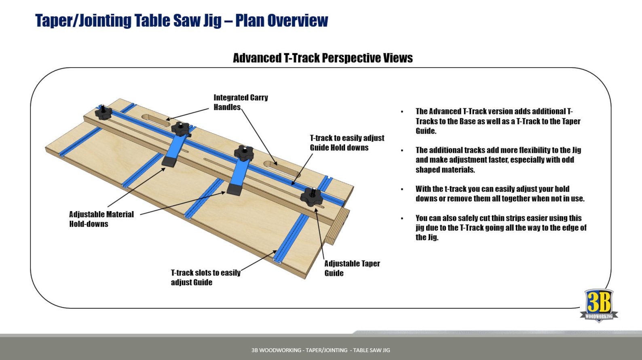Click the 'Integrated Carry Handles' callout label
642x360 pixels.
click(241, 102)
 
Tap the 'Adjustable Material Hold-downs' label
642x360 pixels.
click(101, 219)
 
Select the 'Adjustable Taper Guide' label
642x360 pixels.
click(352, 268)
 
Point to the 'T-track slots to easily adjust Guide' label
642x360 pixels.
click(205, 277)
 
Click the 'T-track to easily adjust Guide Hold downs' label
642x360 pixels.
click(347, 143)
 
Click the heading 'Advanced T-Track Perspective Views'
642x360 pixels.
click(323, 58)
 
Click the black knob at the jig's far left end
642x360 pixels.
click(103, 112)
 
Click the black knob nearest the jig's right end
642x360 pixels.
click(312, 197)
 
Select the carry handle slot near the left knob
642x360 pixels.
click(156, 120)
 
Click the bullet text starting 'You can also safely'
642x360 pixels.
click(501, 227)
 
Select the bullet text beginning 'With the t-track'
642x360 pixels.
click(500, 194)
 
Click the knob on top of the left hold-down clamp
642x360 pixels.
click(180, 129)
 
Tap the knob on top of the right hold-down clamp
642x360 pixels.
click(243, 153)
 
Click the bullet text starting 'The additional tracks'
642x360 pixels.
click(498, 160)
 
